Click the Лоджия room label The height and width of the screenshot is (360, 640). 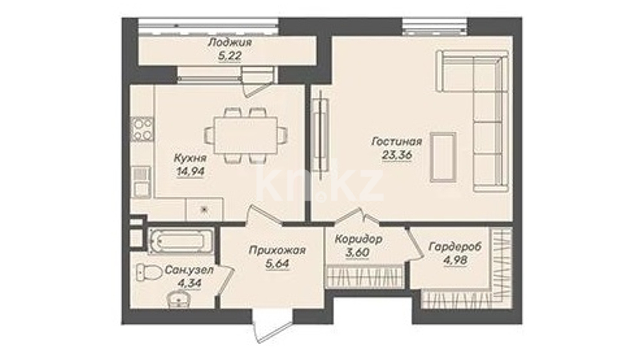[230, 43]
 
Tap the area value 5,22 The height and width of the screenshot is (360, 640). [230, 56]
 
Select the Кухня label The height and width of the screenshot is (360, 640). [190, 158]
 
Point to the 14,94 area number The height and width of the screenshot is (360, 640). [191, 171]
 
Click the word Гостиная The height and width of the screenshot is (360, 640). [397, 142]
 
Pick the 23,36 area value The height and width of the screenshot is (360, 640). [397, 155]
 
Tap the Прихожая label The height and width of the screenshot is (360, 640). [277, 251]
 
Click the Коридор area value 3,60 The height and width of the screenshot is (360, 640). [357, 252]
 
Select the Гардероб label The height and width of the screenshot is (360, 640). [455, 247]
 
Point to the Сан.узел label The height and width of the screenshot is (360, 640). [189, 270]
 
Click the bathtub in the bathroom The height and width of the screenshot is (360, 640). [181, 241]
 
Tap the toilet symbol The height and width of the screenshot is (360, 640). [148, 273]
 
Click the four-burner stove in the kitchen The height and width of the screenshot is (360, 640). [142, 129]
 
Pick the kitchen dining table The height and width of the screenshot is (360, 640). [246, 135]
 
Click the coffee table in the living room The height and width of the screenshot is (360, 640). [443, 157]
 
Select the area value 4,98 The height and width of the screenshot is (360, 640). [455, 260]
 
